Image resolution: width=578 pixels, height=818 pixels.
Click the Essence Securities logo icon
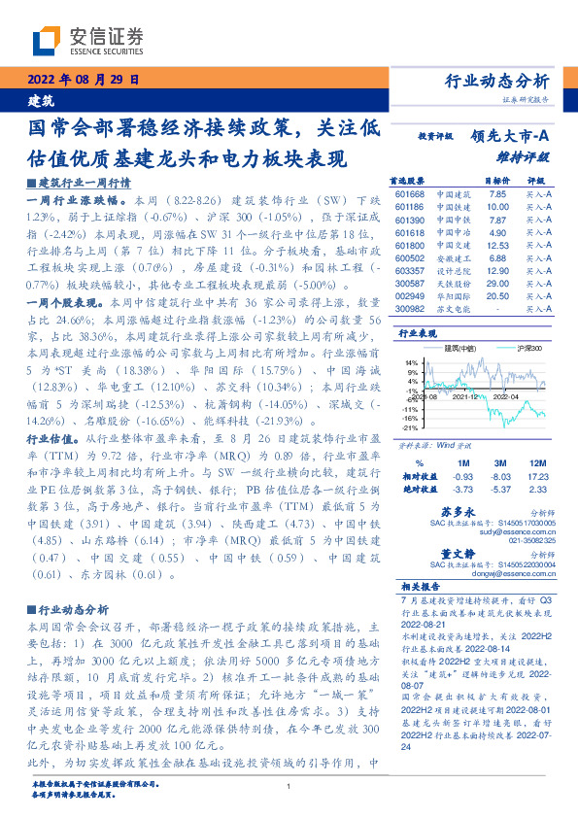click(46, 40)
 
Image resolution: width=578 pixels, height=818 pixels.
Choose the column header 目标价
click(497, 181)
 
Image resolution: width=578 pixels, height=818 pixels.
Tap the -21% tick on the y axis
click(412, 427)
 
